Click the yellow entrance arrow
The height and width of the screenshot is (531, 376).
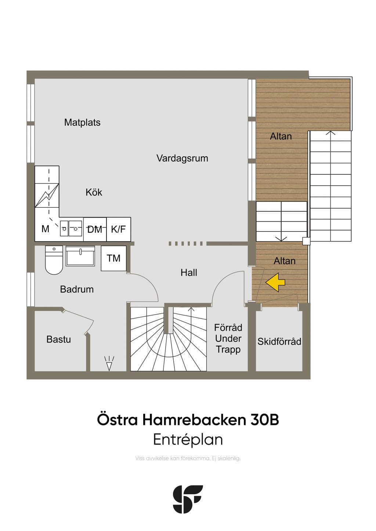pyautogui.click(x=275, y=282)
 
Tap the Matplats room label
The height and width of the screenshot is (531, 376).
pyautogui.click(x=82, y=123)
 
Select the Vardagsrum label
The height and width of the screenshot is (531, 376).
pyautogui.click(x=182, y=158)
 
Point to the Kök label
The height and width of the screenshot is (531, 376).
pyautogui.click(x=94, y=192)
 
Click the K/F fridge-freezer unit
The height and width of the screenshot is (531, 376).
pyautogui.click(x=119, y=229)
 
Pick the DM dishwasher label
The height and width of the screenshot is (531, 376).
pyautogui.click(x=95, y=229)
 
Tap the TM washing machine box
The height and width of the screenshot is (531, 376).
pyautogui.click(x=113, y=258)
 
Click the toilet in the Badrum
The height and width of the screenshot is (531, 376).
pyautogui.click(x=54, y=260)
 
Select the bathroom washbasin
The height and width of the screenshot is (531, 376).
pyautogui.click(x=80, y=256)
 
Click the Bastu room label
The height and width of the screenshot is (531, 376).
pyautogui.click(x=59, y=339)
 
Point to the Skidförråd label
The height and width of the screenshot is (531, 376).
pyautogui.click(x=279, y=342)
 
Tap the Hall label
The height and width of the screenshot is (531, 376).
pyautogui.click(x=189, y=273)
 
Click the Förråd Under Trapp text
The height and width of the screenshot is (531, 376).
pyautogui.click(x=228, y=338)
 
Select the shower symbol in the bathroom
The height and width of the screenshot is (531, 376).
pyautogui.click(x=109, y=363)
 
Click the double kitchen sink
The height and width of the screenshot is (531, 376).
pyautogui.click(x=71, y=228)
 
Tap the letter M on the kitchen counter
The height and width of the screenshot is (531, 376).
pyautogui.click(x=45, y=229)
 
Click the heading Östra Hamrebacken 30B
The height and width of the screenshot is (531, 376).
pyautogui.click(x=188, y=420)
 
